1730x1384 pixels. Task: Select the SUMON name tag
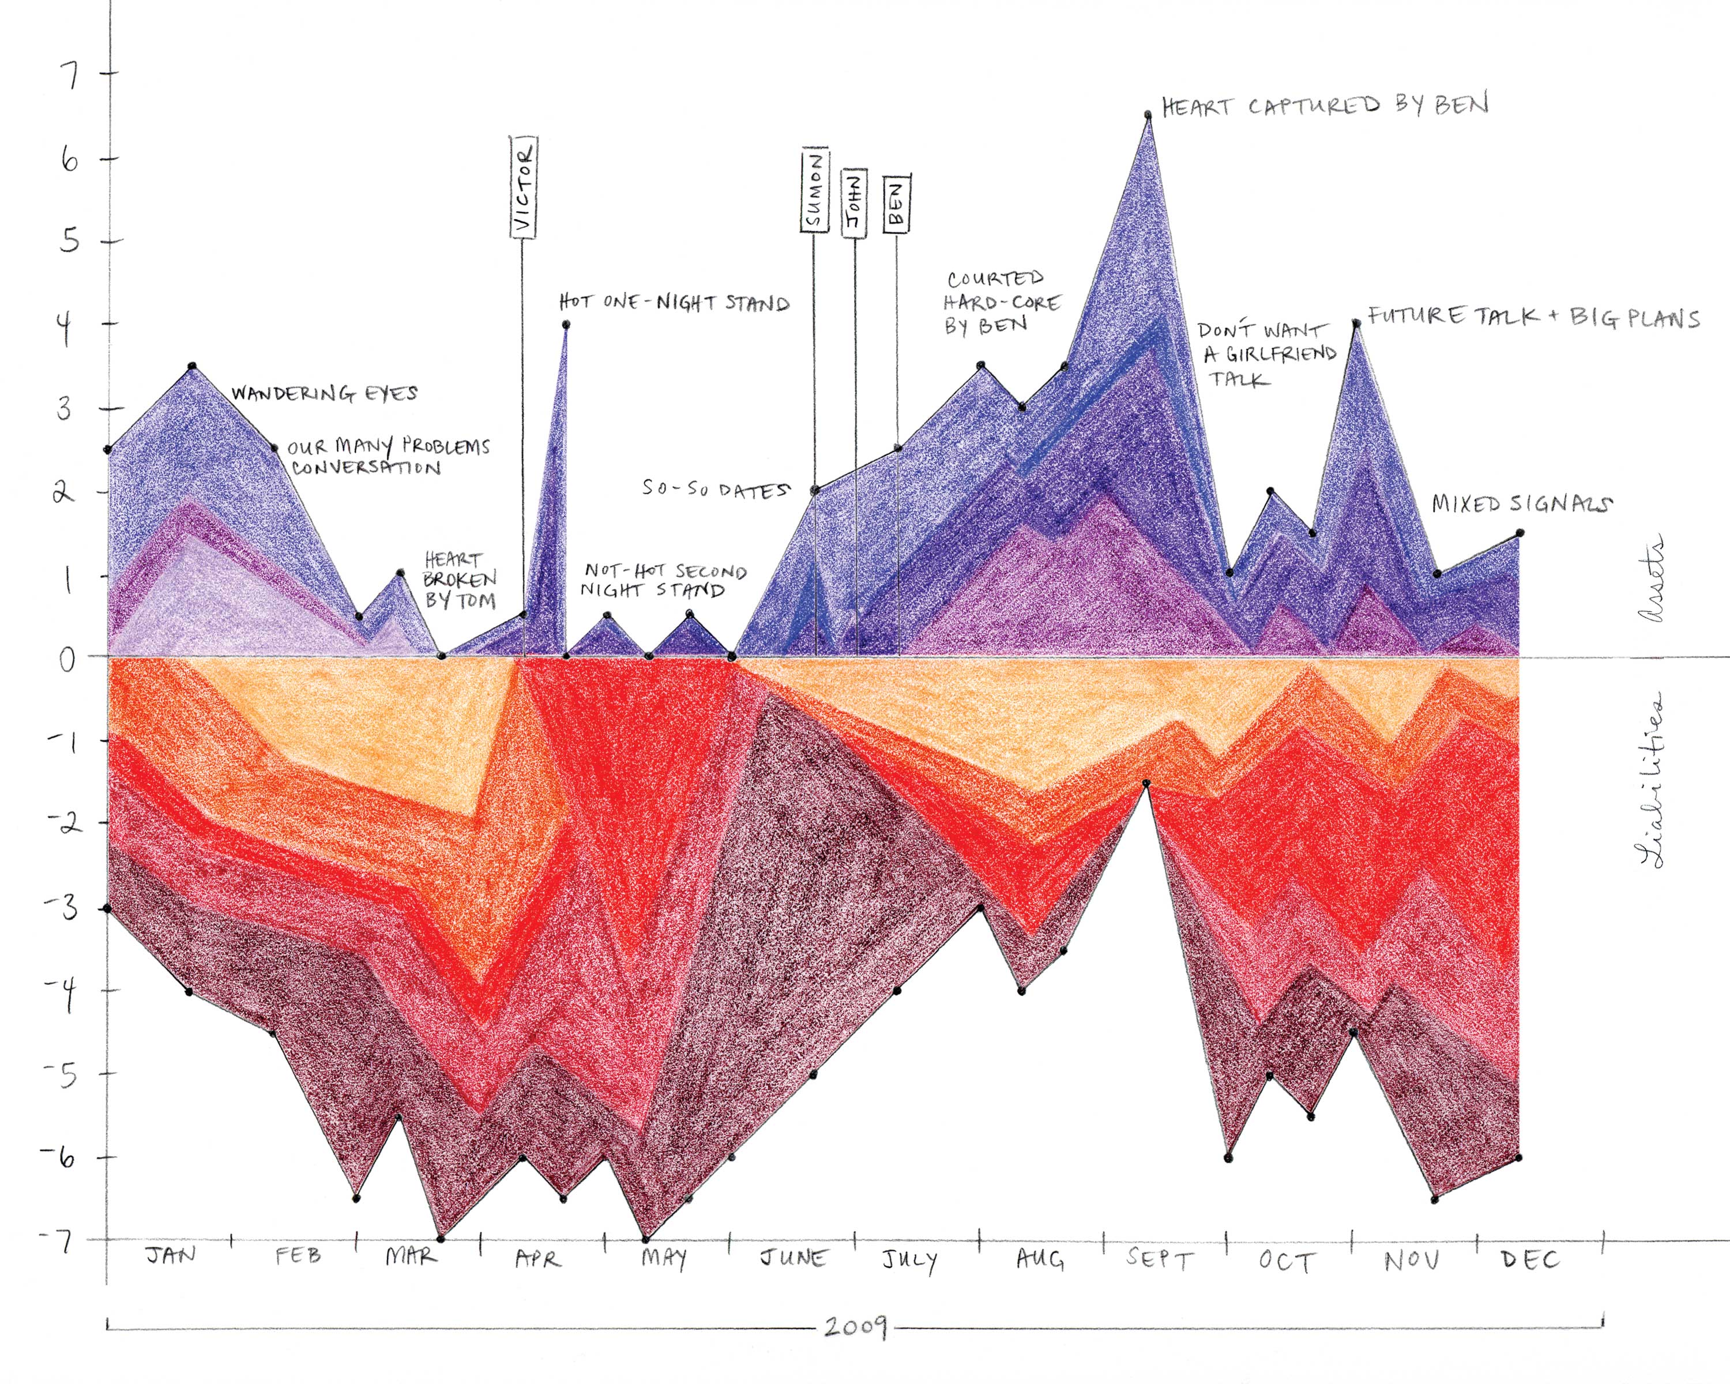(814, 191)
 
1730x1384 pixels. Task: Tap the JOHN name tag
(855, 204)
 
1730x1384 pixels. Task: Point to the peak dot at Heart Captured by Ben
(1148, 115)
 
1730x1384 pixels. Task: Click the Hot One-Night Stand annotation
(674, 303)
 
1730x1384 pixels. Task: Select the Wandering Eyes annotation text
(324, 393)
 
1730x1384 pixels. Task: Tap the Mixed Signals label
(1521, 503)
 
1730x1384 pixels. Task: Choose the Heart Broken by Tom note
(460, 580)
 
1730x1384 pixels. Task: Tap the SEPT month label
(1160, 1258)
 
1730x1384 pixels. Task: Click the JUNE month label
(793, 1257)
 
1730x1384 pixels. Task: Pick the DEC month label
(1529, 1259)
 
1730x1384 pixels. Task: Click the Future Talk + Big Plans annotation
(1533, 317)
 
